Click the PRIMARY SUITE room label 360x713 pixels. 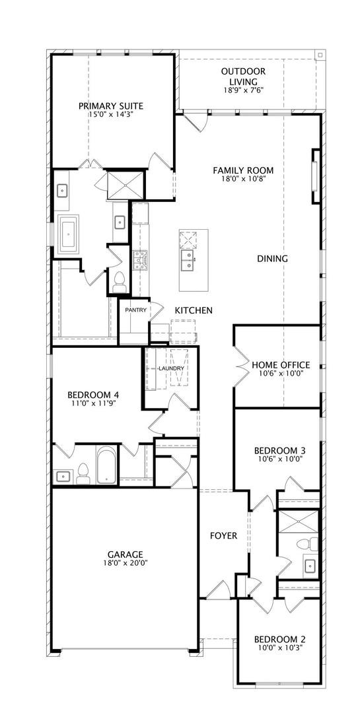pyautogui.click(x=110, y=106)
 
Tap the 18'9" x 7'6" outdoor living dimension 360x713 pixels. pyautogui.click(x=244, y=90)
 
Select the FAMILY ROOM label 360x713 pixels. pyautogui.click(x=244, y=170)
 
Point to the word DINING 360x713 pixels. pyautogui.click(x=273, y=259)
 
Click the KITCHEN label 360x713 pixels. pyautogui.click(x=194, y=310)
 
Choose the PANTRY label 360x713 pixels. pyautogui.click(x=136, y=310)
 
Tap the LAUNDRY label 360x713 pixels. pyautogui.click(x=171, y=368)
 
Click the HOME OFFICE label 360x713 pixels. pyautogui.click(x=281, y=364)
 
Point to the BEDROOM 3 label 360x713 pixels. pyautogui.click(x=279, y=451)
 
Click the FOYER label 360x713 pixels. pyautogui.click(x=223, y=536)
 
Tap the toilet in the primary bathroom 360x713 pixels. pyautogui.click(x=120, y=282)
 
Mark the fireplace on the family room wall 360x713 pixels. pyautogui.click(x=315, y=176)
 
